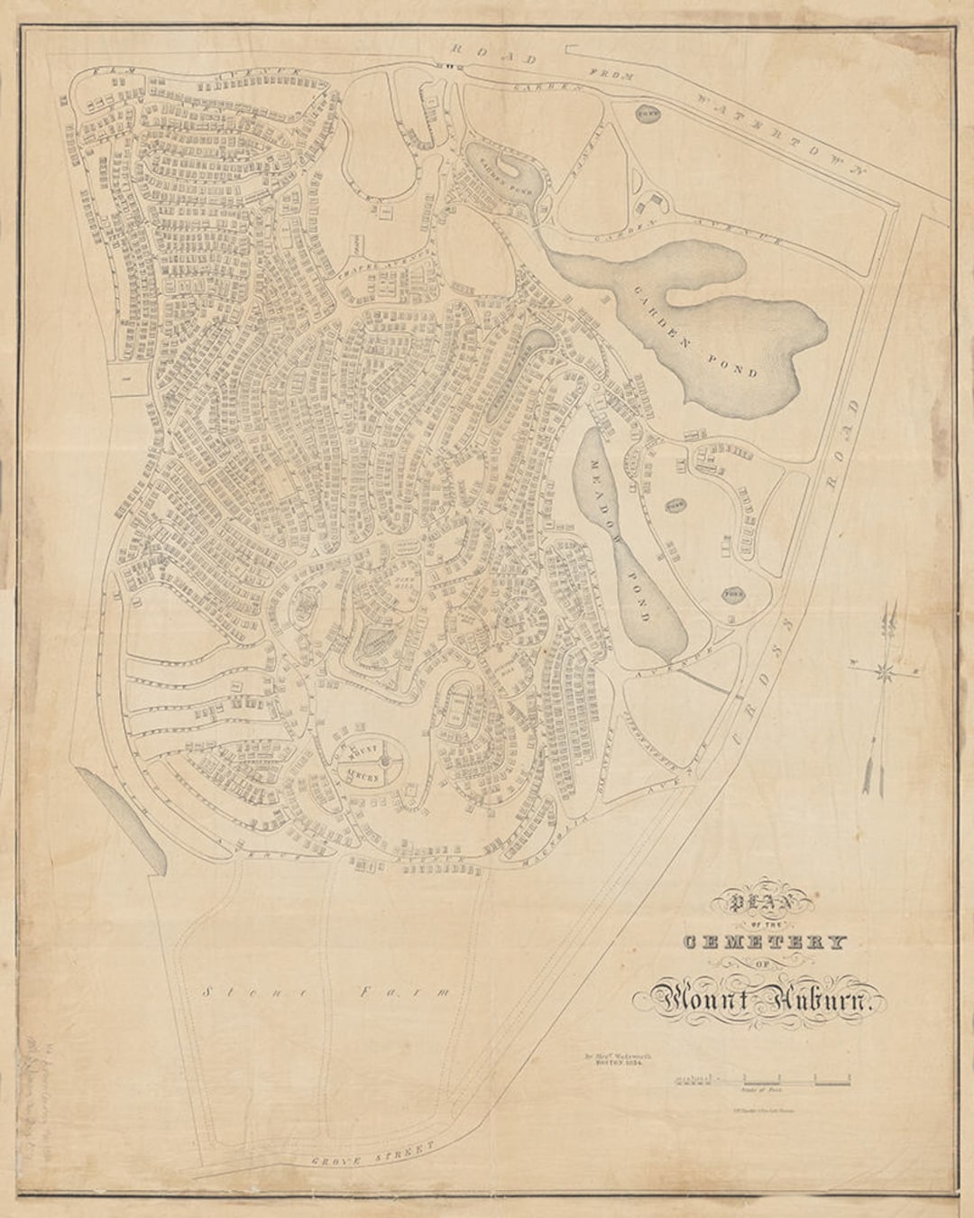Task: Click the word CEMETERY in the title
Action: click(765, 943)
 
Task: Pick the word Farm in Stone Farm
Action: click(406, 992)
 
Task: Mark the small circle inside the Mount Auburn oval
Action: click(382, 764)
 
